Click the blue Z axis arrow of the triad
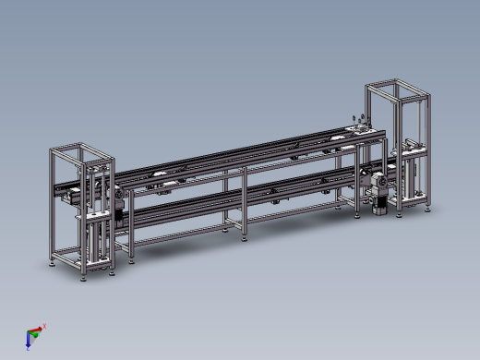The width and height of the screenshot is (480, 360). [30, 342]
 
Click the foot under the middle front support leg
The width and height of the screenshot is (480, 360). [244, 237]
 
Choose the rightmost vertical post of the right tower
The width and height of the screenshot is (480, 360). [427, 148]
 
